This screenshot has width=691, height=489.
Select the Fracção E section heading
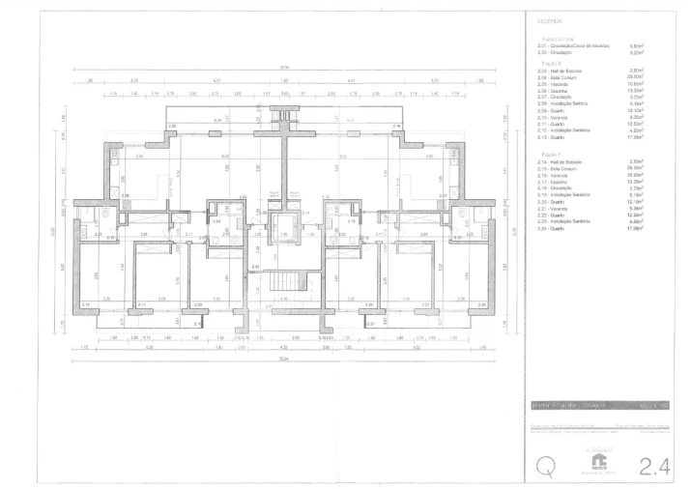pyautogui.click(x=547, y=63)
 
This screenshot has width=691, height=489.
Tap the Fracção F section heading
pyautogui.click(x=547, y=153)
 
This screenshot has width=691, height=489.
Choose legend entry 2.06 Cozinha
pyautogui.click(x=559, y=90)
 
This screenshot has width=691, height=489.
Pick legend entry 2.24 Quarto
pyautogui.click(x=558, y=228)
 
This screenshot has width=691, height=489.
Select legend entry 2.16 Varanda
pyautogui.click(x=559, y=175)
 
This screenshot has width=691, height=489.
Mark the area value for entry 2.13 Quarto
pyautogui.click(x=637, y=137)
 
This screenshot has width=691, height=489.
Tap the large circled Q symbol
pyautogui.click(x=547, y=466)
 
